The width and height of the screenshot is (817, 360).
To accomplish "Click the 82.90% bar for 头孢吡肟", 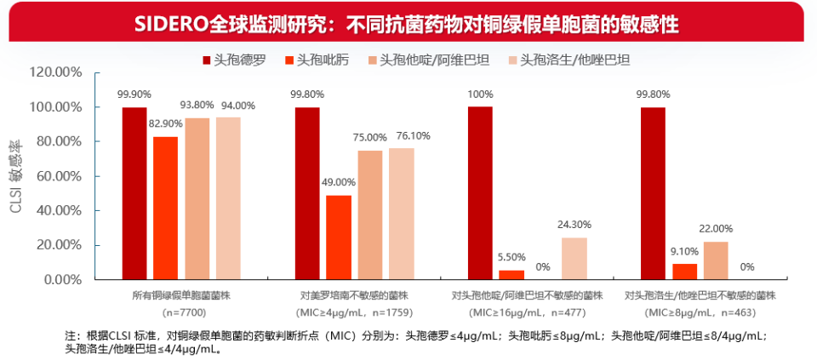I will (166, 208).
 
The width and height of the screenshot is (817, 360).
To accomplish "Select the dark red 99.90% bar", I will (134, 193).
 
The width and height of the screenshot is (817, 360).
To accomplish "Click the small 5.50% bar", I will (511, 275).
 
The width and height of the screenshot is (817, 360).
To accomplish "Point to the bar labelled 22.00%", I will (716, 260).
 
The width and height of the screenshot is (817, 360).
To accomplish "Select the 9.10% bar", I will (684, 271).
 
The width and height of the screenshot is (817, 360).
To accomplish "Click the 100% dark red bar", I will (480, 193).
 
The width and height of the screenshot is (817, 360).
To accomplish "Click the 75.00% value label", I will (370, 137).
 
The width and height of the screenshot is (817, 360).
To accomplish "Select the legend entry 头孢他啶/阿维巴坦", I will (434, 60).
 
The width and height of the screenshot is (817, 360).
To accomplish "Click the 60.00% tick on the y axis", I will (59, 176).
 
